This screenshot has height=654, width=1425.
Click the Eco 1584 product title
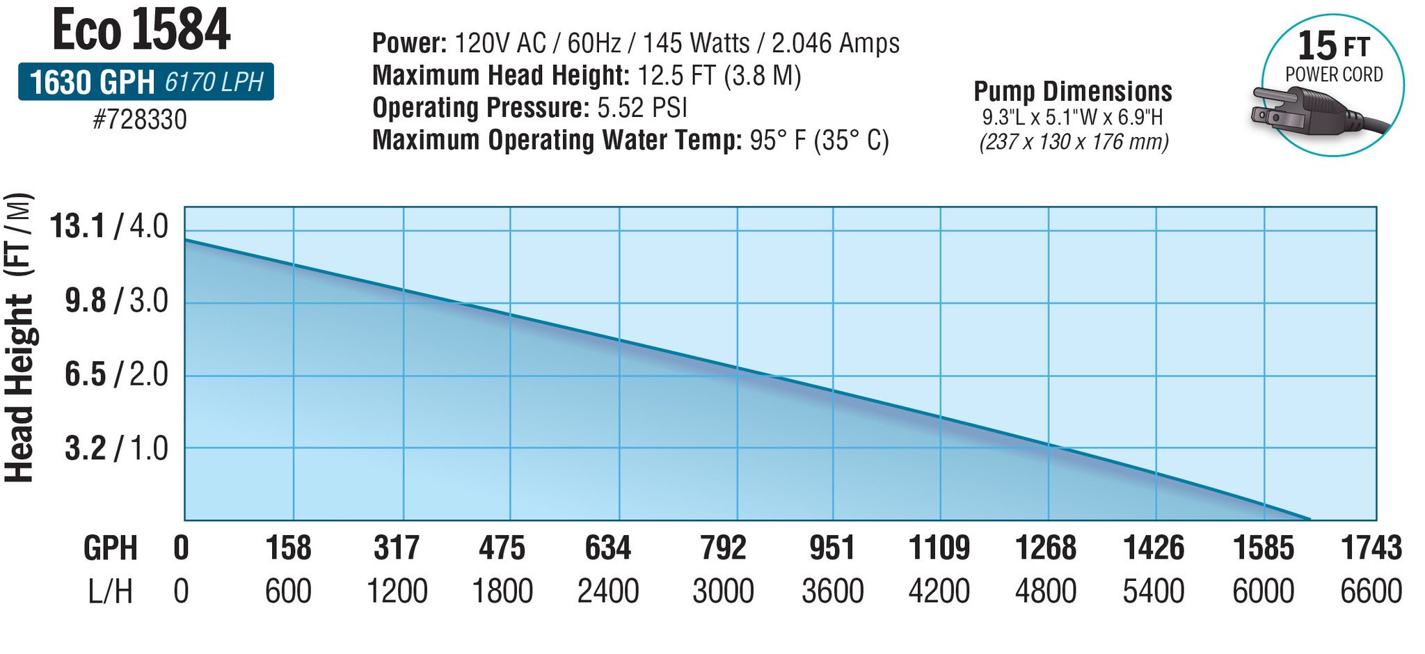141,30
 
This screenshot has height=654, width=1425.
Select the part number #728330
140,120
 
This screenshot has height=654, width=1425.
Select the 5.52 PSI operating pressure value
642,108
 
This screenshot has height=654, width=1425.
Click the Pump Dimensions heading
1072,91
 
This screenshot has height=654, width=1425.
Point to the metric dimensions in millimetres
1074,142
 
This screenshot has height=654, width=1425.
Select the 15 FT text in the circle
1333,46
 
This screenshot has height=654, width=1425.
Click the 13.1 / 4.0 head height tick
109,227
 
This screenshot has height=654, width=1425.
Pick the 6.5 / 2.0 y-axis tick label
116,375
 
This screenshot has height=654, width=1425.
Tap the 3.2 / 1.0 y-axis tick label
116,449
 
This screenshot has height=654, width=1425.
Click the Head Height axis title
19,337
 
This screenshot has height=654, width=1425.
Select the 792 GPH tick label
723,548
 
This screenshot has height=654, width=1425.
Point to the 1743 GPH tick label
1371,548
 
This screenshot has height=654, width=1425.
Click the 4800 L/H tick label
1045,591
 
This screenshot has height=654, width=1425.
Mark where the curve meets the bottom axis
1309,519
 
